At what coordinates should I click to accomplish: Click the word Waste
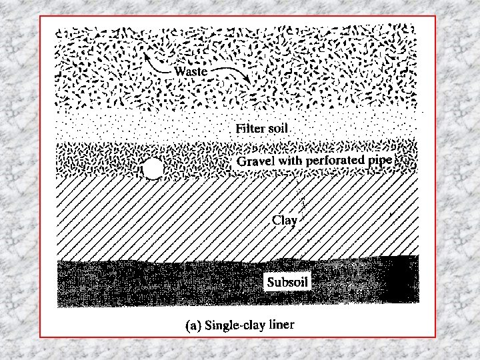click(191, 70)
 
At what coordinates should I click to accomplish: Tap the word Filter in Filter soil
click(250, 127)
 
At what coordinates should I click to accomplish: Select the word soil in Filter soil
click(279, 127)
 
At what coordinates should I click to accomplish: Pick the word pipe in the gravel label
click(379, 161)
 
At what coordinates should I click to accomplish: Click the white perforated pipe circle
click(153, 170)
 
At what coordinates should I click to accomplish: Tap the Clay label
click(285, 220)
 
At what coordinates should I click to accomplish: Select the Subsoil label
click(287, 281)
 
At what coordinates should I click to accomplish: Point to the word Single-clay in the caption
click(231, 325)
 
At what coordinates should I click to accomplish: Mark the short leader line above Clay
click(301, 198)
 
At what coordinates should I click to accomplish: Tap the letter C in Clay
click(276, 219)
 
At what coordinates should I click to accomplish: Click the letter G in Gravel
click(241, 162)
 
